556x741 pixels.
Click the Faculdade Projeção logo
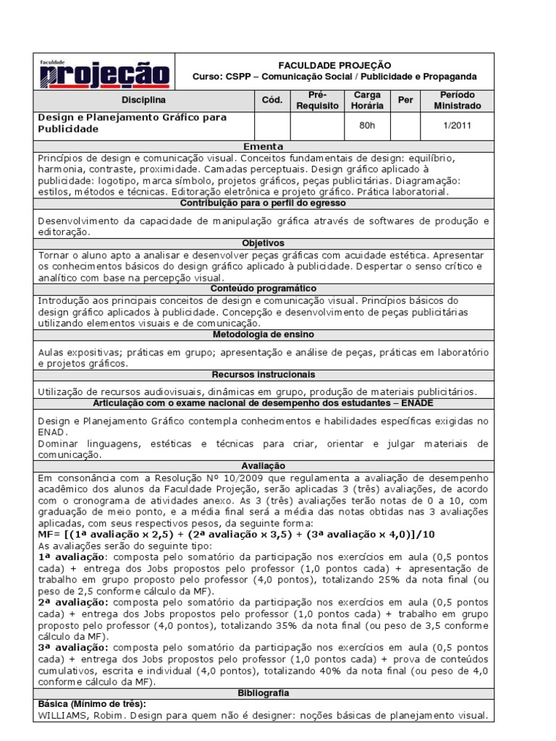point(104,73)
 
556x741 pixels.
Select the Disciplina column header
point(143,100)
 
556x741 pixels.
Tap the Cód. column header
point(266,100)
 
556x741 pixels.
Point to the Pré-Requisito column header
point(317,100)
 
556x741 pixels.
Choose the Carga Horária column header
point(367,100)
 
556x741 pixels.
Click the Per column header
point(405,100)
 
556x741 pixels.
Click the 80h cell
point(367,125)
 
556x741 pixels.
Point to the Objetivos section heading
point(264,243)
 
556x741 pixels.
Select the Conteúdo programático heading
point(264,288)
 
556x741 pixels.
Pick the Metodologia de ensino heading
point(264,335)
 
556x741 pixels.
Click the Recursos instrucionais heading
point(264,375)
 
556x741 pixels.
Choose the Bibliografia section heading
point(264,693)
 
